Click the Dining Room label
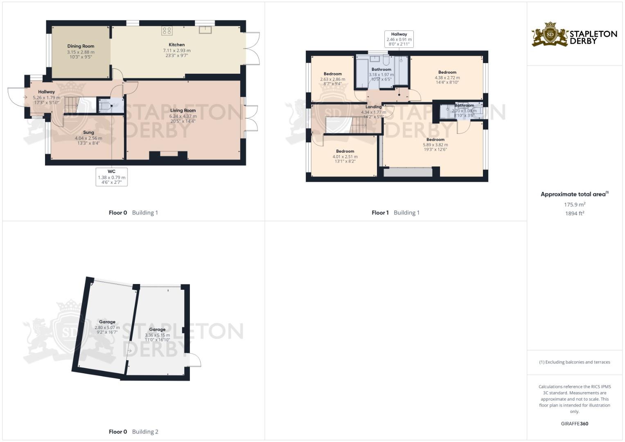(81, 46)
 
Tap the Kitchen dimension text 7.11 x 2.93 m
(177, 50)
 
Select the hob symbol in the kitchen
(167, 31)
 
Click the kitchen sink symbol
(205, 29)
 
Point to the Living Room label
(183, 110)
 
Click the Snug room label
(88, 133)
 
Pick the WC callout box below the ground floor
(111, 177)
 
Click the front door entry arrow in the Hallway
(25, 97)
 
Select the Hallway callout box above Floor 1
(399, 39)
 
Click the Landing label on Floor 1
(373, 107)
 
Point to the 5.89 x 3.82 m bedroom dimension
(435, 145)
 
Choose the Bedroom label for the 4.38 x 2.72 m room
(447, 72)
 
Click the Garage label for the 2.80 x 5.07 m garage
(107, 322)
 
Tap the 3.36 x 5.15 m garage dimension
(157, 335)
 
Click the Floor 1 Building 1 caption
(395, 213)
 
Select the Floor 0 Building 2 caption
(133, 432)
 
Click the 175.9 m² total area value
(574, 205)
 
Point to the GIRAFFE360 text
(574, 424)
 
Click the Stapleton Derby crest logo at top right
(550, 34)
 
